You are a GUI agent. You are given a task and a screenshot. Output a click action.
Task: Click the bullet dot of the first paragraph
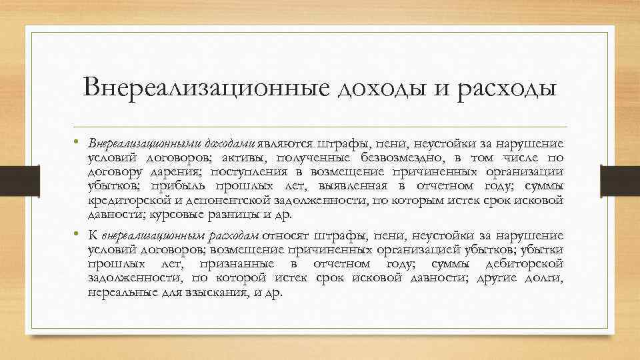[x=77, y=142]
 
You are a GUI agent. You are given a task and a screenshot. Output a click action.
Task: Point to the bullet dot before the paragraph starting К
[x=77, y=234]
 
